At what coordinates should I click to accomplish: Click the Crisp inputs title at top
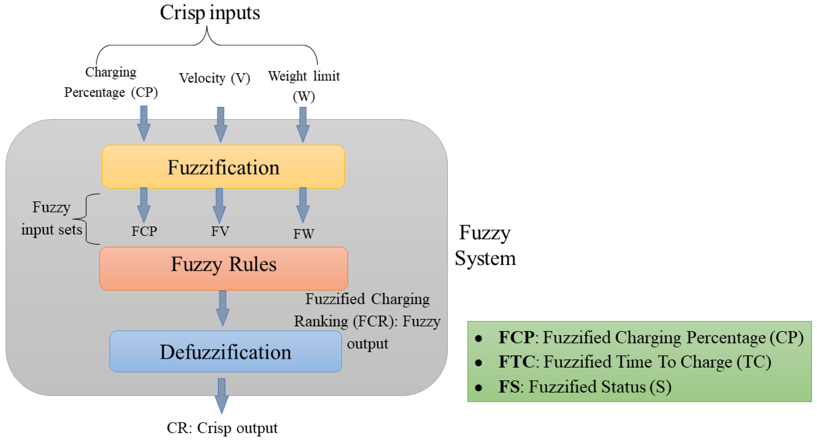tap(210, 13)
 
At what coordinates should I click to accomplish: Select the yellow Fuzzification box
tap(223, 167)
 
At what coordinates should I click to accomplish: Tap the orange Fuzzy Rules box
tap(223, 269)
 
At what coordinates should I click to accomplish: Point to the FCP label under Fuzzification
tap(144, 231)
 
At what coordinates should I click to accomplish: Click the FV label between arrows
tap(220, 231)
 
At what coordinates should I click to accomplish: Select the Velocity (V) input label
tap(215, 78)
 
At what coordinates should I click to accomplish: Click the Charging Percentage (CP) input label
tap(111, 82)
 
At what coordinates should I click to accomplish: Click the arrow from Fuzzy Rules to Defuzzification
tap(223, 308)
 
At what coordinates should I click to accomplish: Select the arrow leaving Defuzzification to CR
tap(222, 395)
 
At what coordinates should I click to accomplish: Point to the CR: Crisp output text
tap(222, 428)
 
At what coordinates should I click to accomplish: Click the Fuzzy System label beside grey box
tap(485, 245)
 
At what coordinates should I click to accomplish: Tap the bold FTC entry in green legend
tap(516, 362)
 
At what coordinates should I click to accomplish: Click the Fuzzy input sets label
tap(51, 218)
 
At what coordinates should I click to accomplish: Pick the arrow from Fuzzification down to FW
tap(303, 205)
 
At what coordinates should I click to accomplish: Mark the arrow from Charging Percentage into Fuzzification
tap(144, 123)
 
